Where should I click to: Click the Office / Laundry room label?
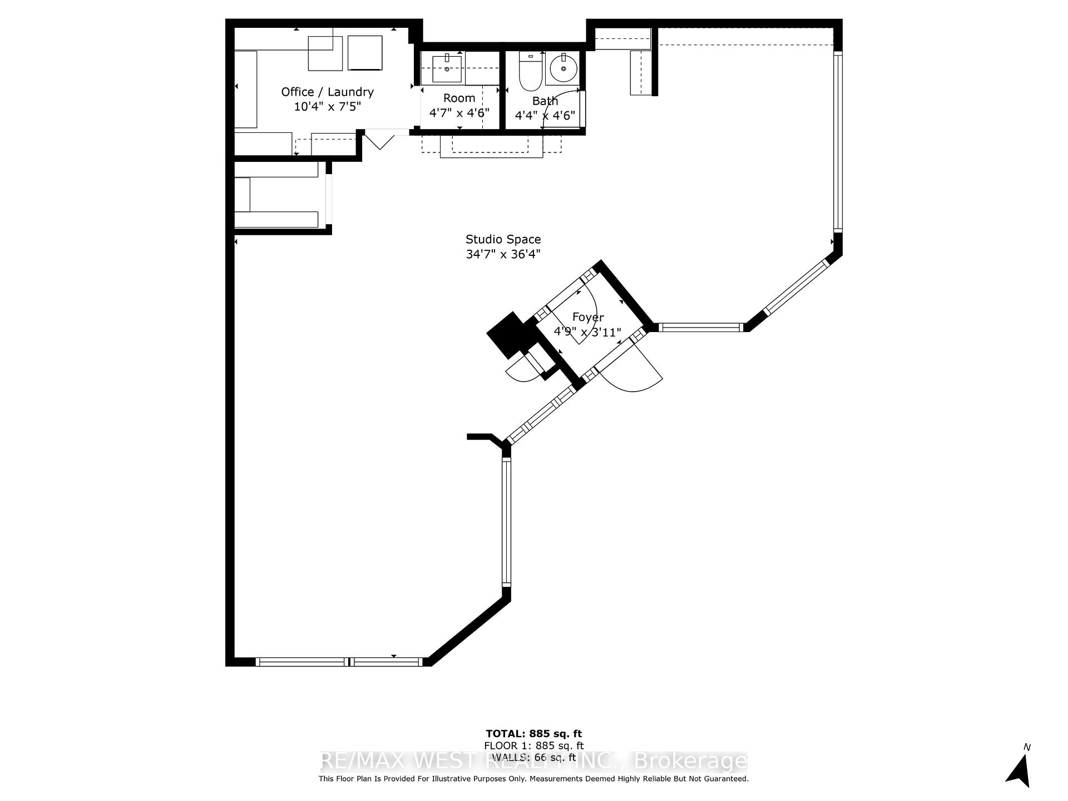[x=327, y=92]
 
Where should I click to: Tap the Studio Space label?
[x=503, y=239]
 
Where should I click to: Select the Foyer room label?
[x=588, y=317]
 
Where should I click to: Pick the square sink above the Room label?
[x=447, y=69]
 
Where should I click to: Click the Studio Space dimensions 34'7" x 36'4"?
[x=503, y=254]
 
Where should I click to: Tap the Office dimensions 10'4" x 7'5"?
[x=327, y=106]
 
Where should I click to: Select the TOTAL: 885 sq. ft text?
[x=533, y=734]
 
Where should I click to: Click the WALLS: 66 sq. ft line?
[x=533, y=757]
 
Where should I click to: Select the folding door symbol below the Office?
[x=379, y=139]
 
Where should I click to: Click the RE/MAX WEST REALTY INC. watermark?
[x=533, y=761]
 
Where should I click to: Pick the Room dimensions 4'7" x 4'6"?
[x=459, y=112]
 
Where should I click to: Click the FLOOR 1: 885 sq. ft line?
[x=533, y=745]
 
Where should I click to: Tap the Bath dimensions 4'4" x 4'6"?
[x=545, y=116]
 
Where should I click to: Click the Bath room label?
[x=545, y=101]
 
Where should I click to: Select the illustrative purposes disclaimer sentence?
[x=533, y=779]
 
